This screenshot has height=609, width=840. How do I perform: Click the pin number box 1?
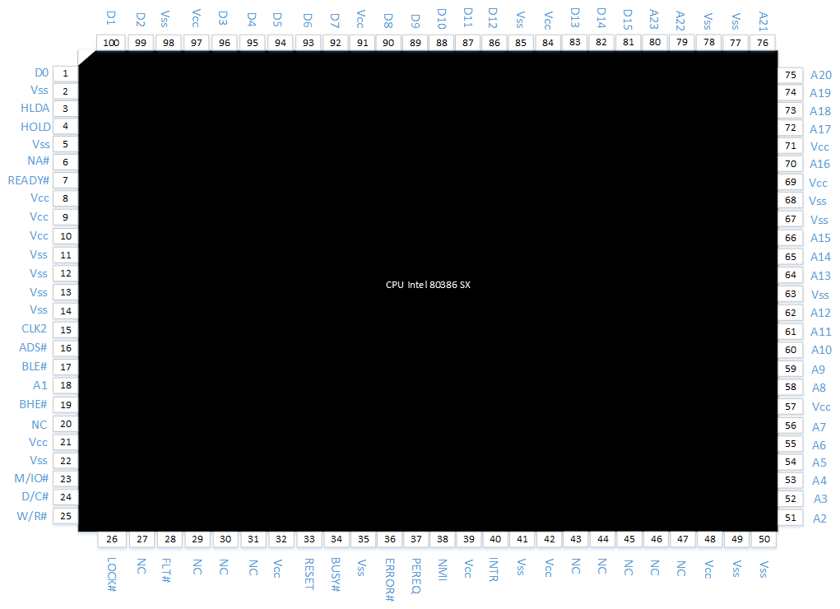click(x=65, y=73)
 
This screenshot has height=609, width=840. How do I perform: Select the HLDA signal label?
click(x=35, y=109)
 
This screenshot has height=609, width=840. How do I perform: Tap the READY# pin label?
click(x=29, y=181)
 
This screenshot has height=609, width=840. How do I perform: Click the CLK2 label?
click(x=35, y=328)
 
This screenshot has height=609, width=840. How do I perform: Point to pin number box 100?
click(x=111, y=42)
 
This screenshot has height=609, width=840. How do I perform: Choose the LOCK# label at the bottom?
click(x=111, y=574)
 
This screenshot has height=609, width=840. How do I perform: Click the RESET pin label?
click(x=309, y=574)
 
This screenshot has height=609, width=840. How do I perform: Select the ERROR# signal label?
click(x=389, y=579)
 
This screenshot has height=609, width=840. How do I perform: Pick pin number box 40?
click(x=495, y=539)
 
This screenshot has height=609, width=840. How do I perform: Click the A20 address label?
click(x=821, y=75)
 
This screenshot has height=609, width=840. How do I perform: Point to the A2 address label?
click(x=819, y=518)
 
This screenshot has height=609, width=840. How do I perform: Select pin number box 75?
click(x=790, y=75)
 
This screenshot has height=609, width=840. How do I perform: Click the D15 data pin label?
click(x=628, y=19)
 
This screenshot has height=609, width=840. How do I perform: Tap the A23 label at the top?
click(x=654, y=19)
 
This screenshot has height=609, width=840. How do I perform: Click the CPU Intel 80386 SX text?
click(x=428, y=285)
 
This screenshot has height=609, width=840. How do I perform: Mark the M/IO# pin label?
click(x=31, y=478)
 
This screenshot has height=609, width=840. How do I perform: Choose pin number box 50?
click(x=764, y=539)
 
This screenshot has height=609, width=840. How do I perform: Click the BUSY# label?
click(x=336, y=574)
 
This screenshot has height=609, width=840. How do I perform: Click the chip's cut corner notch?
click(x=86, y=58)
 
